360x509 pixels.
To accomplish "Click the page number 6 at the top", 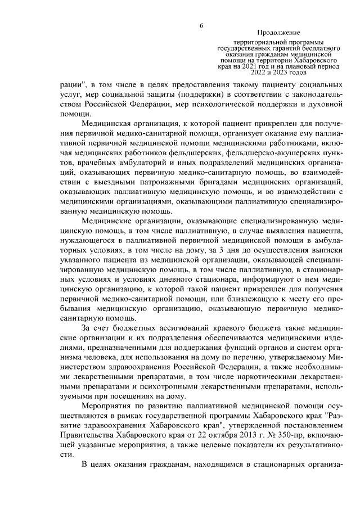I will (x=200, y=25).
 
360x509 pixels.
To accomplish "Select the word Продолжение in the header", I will (x=278, y=33).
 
